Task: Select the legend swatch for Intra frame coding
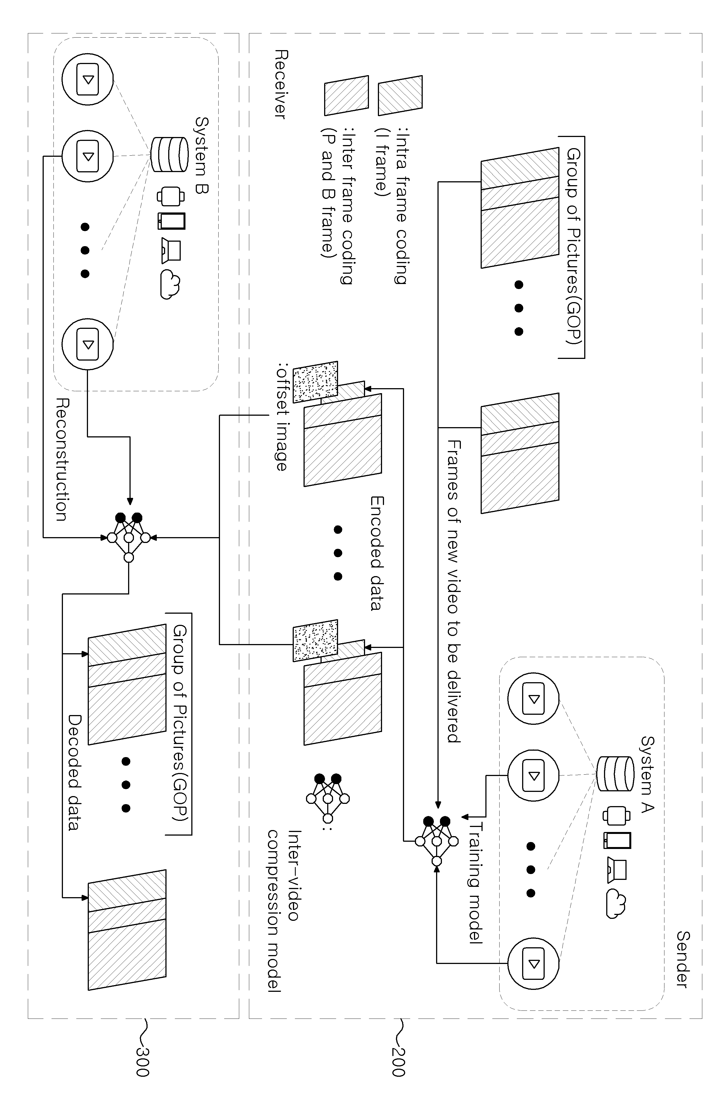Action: click(400, 95)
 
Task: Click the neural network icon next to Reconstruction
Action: click(129, 537)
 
